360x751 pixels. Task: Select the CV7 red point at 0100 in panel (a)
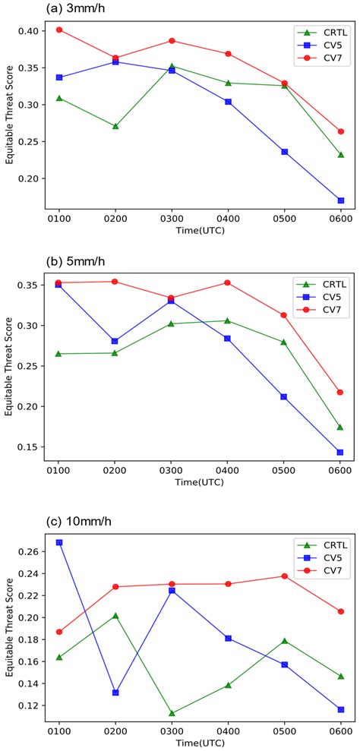tap(58, 30)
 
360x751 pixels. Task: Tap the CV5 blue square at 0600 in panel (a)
tap(340, 200)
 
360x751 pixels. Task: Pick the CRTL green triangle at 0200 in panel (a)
tap(115, 126)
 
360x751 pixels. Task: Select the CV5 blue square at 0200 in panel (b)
tap(115, 341)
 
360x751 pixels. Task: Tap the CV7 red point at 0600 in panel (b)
tap(340, 393)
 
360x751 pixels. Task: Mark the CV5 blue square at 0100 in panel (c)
tap(58, 542)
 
